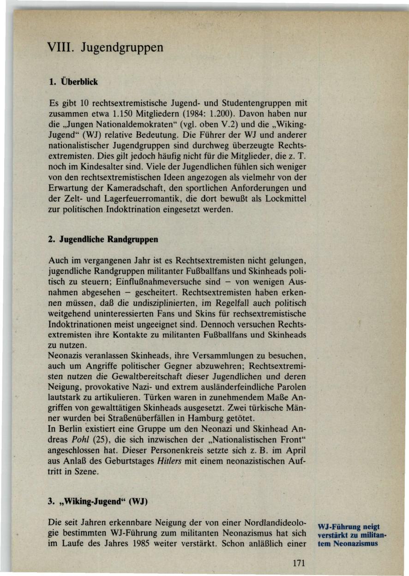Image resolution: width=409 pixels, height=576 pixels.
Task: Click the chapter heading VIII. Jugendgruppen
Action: (106, 48)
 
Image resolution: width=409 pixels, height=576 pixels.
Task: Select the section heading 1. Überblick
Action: (73, 82)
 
